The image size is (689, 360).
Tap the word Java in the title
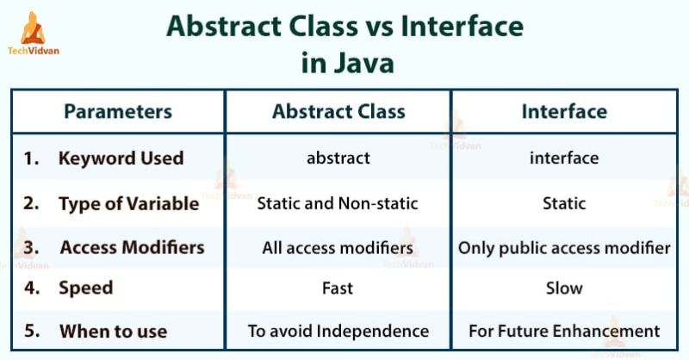pyautogui.click(x=365, y=64)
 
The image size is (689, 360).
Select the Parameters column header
pyautogui.click(x=118, y=111)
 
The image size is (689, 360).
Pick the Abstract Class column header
pyautogui.click(x=338, y=111)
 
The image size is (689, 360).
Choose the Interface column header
pyautogui.click(x=564, y=111)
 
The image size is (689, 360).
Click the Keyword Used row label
pyautogui.click(x=121, y=158)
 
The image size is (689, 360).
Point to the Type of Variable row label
pyautogui.click(x=128, y=204)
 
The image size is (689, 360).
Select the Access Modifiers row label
pyautogui.click(x=132, y=248)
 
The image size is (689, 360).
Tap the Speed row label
pyautogui.click(x=85, y=289)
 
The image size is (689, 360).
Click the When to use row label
pyautogui.click(x=113, y=331)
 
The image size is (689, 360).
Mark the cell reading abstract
pyautogui.click(x=338, y=158)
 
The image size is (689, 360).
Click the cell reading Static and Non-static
pyautogui.click(x=338, y=204)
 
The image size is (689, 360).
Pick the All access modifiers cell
pyautogui.click(x=338, y=248)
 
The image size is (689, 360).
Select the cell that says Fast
pyautogui.click(x=338, y=289)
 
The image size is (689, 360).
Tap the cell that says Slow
pyautogui.click(x=564, y=289)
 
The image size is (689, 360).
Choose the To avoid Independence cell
pyautogui.click(x=338, y=331)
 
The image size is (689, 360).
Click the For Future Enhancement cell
pyautogui.click(x=564, y=331)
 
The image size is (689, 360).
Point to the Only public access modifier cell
pyautogui.click(x=564, y=248)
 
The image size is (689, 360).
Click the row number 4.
pyautogui.click(x=32, y=289)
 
